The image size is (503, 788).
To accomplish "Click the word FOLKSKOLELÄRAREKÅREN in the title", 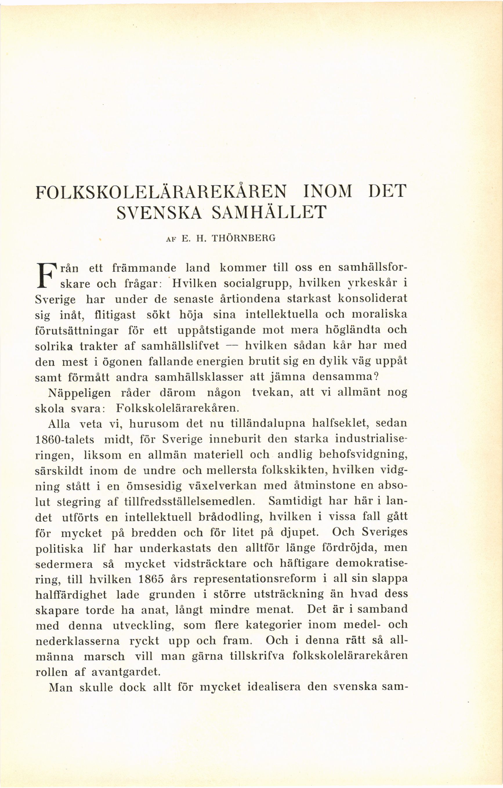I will [161, 192].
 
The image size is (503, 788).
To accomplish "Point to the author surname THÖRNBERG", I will [244, 239].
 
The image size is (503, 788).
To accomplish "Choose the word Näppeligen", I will [79, 393].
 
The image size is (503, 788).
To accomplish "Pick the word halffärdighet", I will [71, 595].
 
